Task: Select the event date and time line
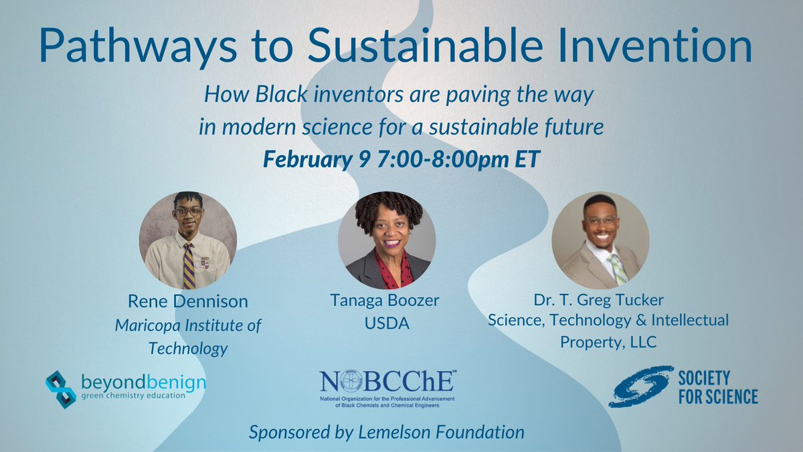[x=401, y=160]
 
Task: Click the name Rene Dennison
[x=188, y=302]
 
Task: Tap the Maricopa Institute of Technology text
[x=188, y=337]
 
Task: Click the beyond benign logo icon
[x=61, y=389]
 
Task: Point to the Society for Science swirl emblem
[x=640, y=386]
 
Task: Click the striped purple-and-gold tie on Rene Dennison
[x=189, y=265]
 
